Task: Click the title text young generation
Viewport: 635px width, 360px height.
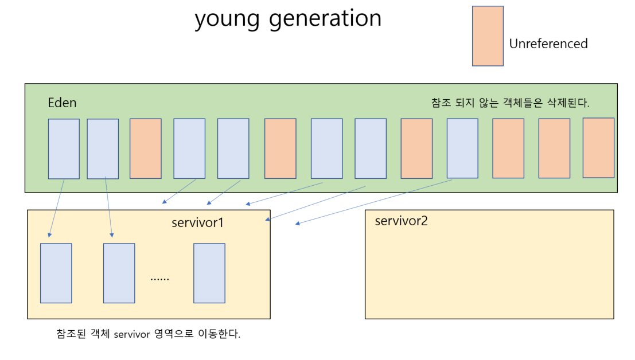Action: [x=288, y=19]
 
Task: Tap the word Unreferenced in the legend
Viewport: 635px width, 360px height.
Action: [x=548, y=44]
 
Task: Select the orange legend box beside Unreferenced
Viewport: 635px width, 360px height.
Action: [x=488, y=36]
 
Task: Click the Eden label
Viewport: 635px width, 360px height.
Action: [x=62, y=103]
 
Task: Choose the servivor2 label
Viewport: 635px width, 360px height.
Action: [x=401, y=221]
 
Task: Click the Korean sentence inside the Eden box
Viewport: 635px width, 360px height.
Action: [x=510, y=103]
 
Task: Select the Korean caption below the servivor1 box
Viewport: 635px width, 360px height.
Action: [x=149, y=334]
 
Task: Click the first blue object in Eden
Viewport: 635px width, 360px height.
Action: [x=64, y=149]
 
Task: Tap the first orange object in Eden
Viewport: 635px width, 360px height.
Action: [x=145, y=148]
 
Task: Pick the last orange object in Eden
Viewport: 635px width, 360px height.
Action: [x=598, y=148]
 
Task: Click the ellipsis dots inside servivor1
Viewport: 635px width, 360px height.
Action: [x=159, y=279]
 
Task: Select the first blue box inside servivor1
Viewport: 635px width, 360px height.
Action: [x=56, y=273]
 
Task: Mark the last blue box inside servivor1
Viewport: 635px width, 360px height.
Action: [x=209, y=273]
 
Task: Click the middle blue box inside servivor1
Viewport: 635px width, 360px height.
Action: [x=119, y=273]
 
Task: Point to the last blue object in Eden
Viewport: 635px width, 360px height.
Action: [x=462, y=148]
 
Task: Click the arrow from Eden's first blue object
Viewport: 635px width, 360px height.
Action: [x=57, y=208]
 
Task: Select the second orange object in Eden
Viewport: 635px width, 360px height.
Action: [x=280, y=148]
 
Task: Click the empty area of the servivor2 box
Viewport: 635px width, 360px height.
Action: [x=489, y=269]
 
